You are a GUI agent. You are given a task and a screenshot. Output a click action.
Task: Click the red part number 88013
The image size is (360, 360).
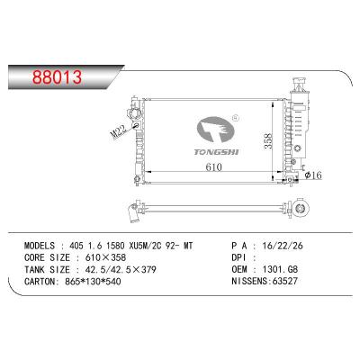click(57, 76)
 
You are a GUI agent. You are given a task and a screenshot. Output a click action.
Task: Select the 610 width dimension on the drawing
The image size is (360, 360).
click(213, 166)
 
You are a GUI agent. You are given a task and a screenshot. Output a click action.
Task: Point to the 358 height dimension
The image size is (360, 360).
click(268, 140)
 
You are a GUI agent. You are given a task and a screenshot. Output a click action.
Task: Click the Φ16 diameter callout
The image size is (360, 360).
click(313, 175)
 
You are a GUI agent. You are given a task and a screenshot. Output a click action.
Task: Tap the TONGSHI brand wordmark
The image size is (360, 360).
click(216, 152)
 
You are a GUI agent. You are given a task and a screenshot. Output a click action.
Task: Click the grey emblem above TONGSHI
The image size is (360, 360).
click(215, 129)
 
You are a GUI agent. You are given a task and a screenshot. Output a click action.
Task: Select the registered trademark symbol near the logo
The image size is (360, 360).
click(236, 117)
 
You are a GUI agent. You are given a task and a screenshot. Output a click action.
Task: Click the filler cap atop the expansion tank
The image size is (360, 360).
click(299, 81)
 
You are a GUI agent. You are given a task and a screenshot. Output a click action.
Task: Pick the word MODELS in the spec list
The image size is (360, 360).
click(40, 246)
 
